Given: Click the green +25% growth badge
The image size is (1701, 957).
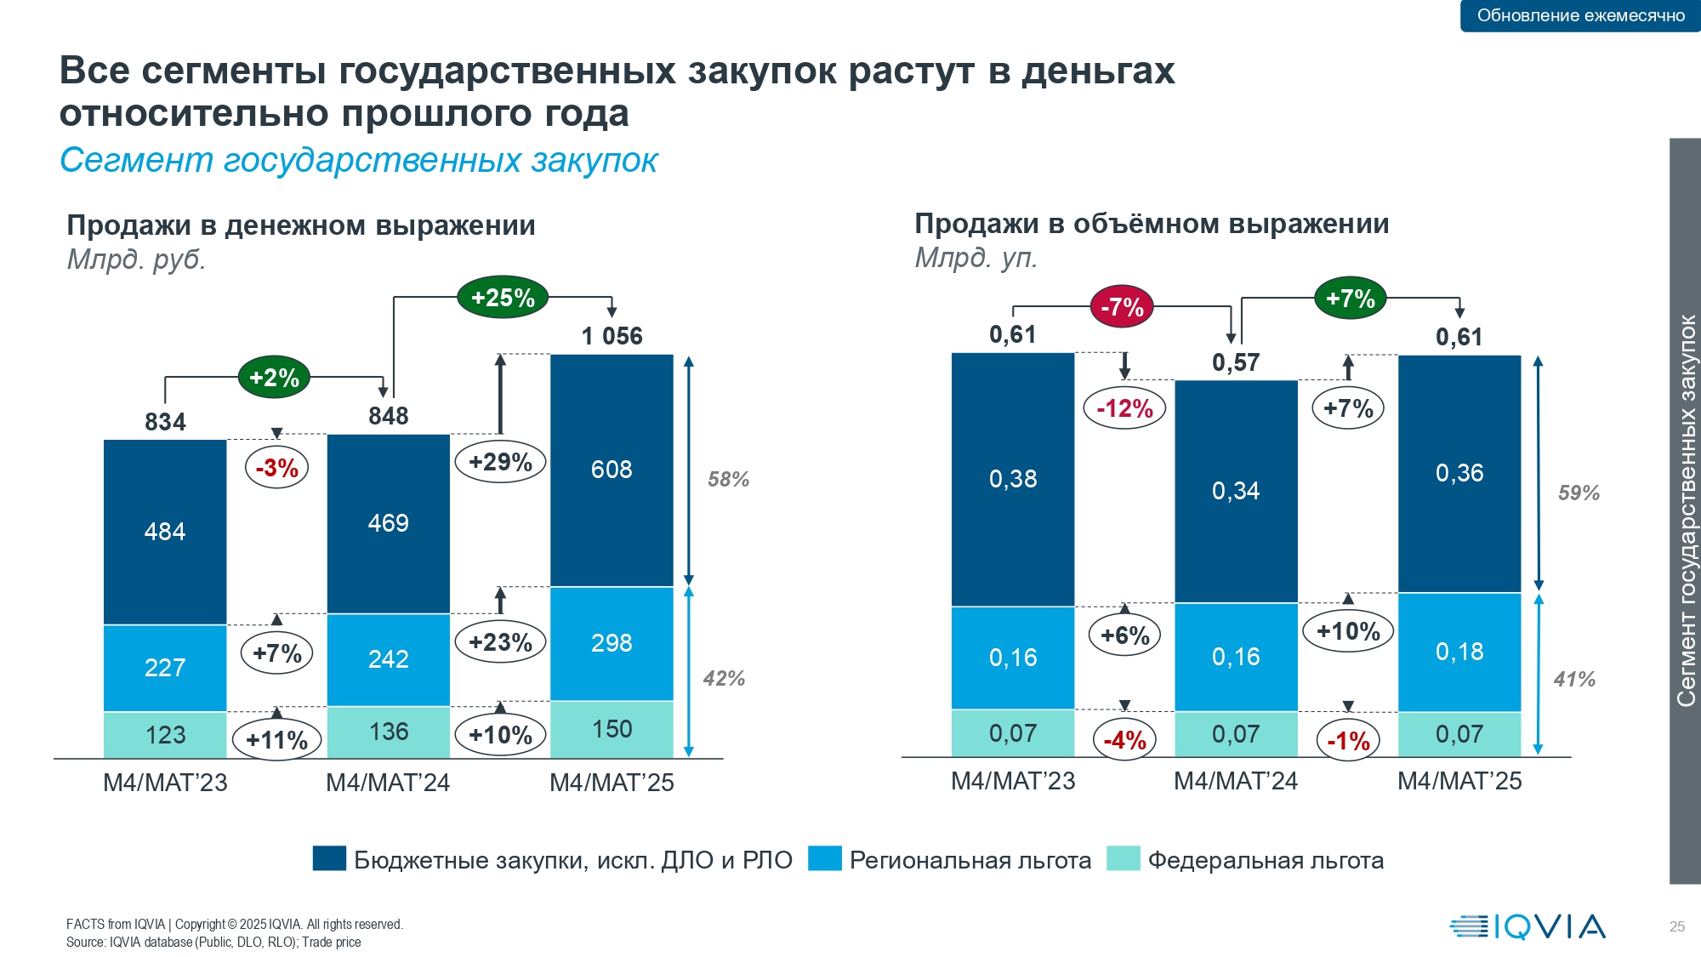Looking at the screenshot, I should (503, 298).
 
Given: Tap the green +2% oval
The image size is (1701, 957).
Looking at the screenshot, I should (274, 378).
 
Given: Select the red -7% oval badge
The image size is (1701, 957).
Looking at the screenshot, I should (1122, 306).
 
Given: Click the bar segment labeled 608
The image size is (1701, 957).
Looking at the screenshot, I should (612, 470).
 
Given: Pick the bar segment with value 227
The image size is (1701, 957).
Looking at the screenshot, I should (165, 668).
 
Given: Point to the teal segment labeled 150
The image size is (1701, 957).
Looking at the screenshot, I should (612, 729).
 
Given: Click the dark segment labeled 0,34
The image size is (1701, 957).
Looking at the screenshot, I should (1236, 491).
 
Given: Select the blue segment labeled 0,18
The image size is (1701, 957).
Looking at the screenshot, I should (1459, 652).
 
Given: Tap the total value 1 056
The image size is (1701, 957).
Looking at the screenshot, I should (612, 336).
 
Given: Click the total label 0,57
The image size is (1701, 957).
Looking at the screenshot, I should (1236, 363).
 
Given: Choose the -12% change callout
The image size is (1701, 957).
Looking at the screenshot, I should (1124, 408).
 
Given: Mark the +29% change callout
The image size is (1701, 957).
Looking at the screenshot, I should (500, 462).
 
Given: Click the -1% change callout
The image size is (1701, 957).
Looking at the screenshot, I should (1348, 741).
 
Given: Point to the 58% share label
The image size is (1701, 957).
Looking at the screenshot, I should (728, 480).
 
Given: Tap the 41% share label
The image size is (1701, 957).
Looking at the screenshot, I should (1574, 680).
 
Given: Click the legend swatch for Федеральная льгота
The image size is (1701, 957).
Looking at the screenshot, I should (1123, 859).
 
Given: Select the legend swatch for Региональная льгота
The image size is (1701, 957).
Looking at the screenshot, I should (824, 859).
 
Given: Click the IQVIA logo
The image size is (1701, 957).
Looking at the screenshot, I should (1527, 926).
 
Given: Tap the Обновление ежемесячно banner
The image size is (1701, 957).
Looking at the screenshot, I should (1580, 15).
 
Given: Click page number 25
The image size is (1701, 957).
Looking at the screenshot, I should (1676, 926).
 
